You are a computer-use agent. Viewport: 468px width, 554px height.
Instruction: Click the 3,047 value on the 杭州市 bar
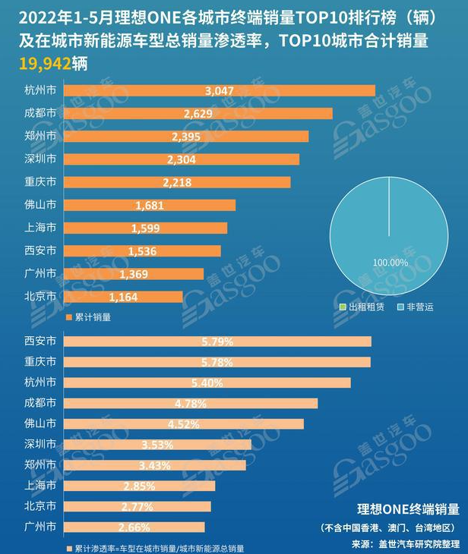(x=220, y=91)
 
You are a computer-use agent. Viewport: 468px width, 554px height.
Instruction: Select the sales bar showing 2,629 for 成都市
(x=198, y=114)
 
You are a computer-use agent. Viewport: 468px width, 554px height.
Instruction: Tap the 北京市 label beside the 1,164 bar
(x=40, y=296)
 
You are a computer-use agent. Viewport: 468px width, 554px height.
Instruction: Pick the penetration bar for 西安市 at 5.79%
(x=217, y=342)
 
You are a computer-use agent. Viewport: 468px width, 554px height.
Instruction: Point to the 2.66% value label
(x=134, y=527)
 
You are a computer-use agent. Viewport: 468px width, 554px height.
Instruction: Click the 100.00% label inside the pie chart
(x=390, y=263)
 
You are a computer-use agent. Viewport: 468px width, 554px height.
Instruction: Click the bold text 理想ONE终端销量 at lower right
(x=409, y=509)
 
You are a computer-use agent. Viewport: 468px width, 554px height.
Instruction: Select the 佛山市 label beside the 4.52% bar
(x=40, y=423)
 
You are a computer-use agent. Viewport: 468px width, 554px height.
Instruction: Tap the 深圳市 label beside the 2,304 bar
(x=40, y=159)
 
